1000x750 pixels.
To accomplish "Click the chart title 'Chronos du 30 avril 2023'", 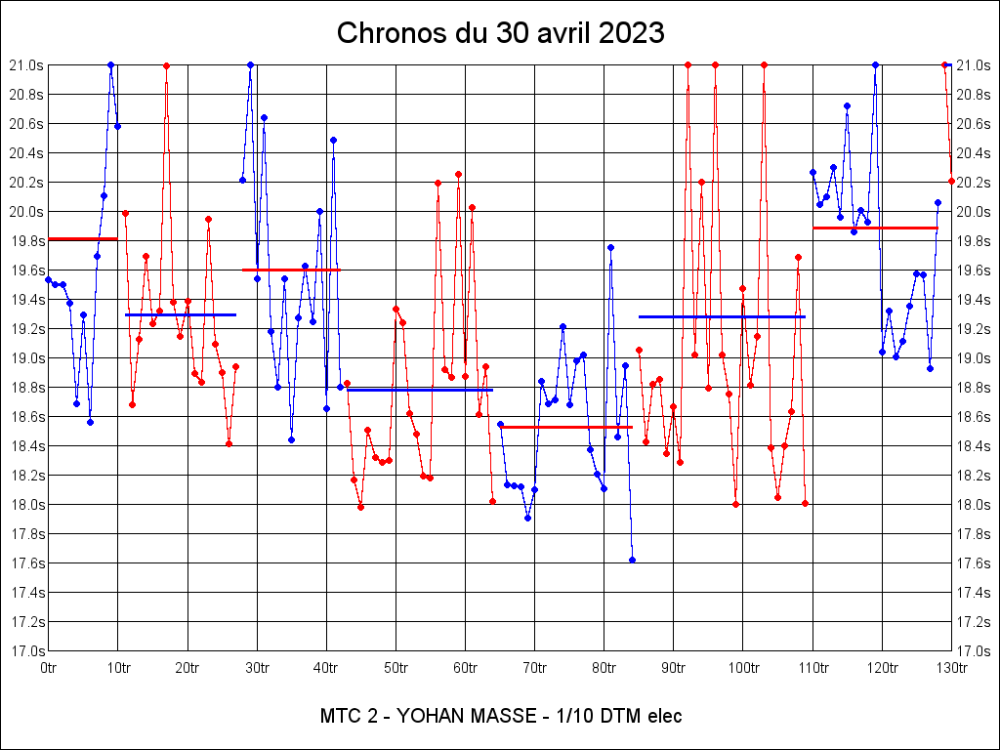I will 500,33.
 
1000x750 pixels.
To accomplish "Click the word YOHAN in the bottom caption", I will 424,716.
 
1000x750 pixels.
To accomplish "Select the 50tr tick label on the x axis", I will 396,668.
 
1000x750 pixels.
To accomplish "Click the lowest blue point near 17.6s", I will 632,560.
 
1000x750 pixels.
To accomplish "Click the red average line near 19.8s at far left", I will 82,238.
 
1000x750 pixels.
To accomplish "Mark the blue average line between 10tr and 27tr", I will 181,314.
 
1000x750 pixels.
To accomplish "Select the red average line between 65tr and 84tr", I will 565,427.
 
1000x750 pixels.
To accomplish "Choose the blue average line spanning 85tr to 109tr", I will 722,316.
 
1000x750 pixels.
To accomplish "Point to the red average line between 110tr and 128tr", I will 875,228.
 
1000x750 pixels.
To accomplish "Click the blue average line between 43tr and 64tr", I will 420,390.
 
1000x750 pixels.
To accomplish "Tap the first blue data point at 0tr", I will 49,279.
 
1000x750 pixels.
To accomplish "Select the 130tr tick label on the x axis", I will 951,668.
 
